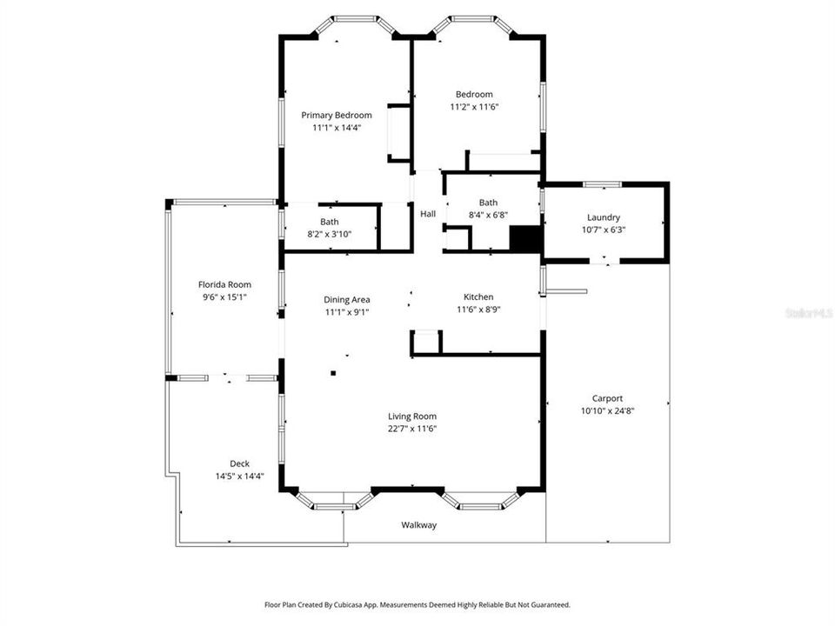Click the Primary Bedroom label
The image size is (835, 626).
coord(337,115)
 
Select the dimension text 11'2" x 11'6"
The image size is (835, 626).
coord(474,107)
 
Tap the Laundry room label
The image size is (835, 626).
coord(604,217)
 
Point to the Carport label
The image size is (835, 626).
coord(607,398)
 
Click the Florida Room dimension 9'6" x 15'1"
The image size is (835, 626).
coord(224,296)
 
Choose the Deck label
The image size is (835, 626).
coord(239,463)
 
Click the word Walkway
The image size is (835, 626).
coord(418,525)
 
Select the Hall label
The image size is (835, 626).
coord(428,214)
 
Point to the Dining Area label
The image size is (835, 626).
coord(347,300)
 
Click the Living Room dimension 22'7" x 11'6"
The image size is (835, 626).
coord(412,429)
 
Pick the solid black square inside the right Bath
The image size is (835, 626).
coord(524,238)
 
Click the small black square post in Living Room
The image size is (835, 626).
coord(333,373)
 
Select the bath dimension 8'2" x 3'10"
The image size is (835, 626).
coord(329,234)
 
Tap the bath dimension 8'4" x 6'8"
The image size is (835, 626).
coord(488,215)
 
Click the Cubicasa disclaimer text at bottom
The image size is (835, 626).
coord(417,604)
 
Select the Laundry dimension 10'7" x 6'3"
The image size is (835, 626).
coord(604,230)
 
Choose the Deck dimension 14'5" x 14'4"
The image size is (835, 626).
coord(239,476)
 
